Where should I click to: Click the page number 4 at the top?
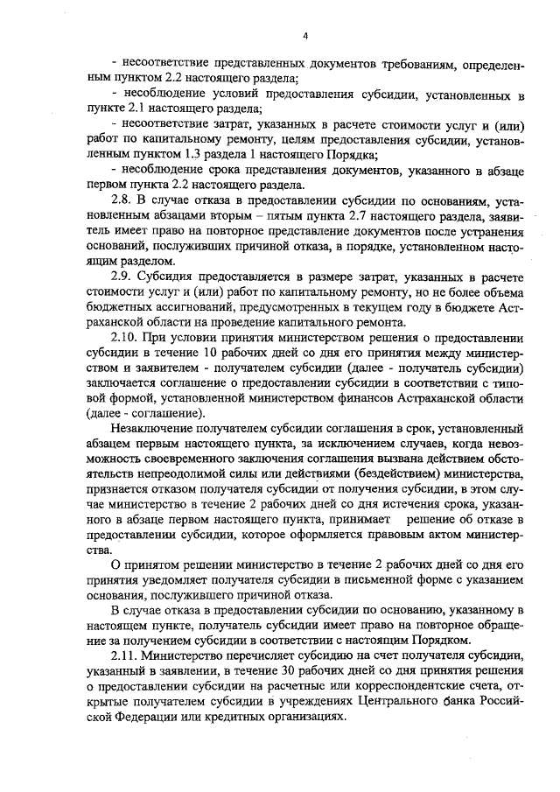click(x=305, y=36)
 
